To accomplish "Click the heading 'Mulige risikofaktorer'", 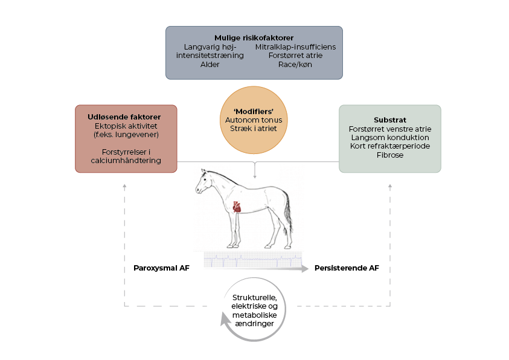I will tap(254, 37).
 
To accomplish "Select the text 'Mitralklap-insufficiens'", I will tap(295, 47).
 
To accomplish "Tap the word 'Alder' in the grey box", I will tap(210, 64).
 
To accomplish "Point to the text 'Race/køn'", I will tap(295, 64).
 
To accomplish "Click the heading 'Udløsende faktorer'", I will tap(126, 116).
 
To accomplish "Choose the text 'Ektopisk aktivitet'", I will tap(126, 126).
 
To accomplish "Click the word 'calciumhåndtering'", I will tap(126, 161).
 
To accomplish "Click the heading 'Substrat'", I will tap(389, 119).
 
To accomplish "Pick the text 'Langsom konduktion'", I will tap(389, 138).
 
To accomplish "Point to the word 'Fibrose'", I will tap(389, 155).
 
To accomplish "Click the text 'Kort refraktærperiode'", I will tap(389, 146).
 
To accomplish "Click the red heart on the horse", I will tap(237, 207).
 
